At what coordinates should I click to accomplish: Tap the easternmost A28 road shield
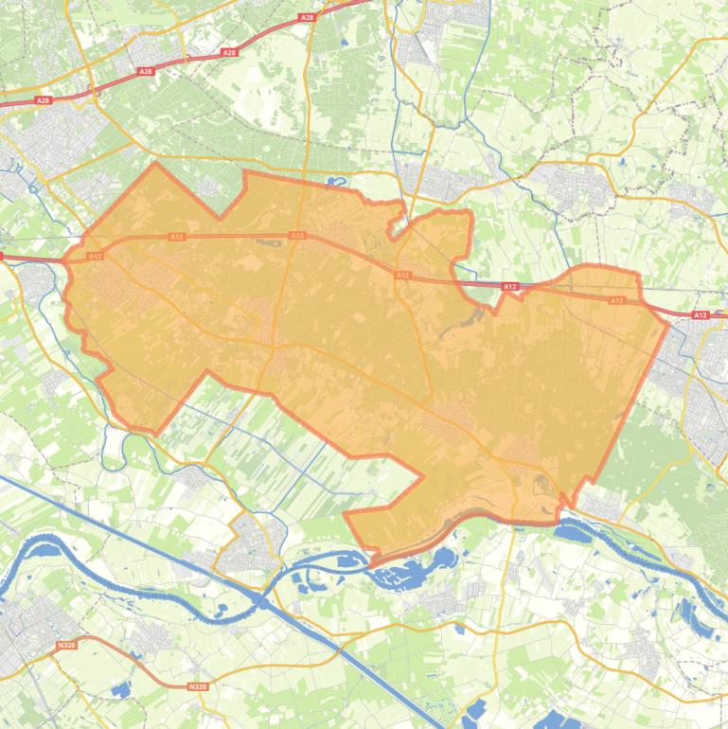point(306,17)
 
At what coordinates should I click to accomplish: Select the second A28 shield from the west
point(144,71)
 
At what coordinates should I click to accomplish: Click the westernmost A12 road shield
point(94,256)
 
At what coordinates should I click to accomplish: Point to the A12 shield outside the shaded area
point(700,315)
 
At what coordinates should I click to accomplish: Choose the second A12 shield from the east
point(616,300)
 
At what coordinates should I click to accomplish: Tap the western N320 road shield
point(65,645)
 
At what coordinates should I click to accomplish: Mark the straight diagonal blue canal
point(142,540)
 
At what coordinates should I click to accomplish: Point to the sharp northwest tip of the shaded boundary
point(155,165)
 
